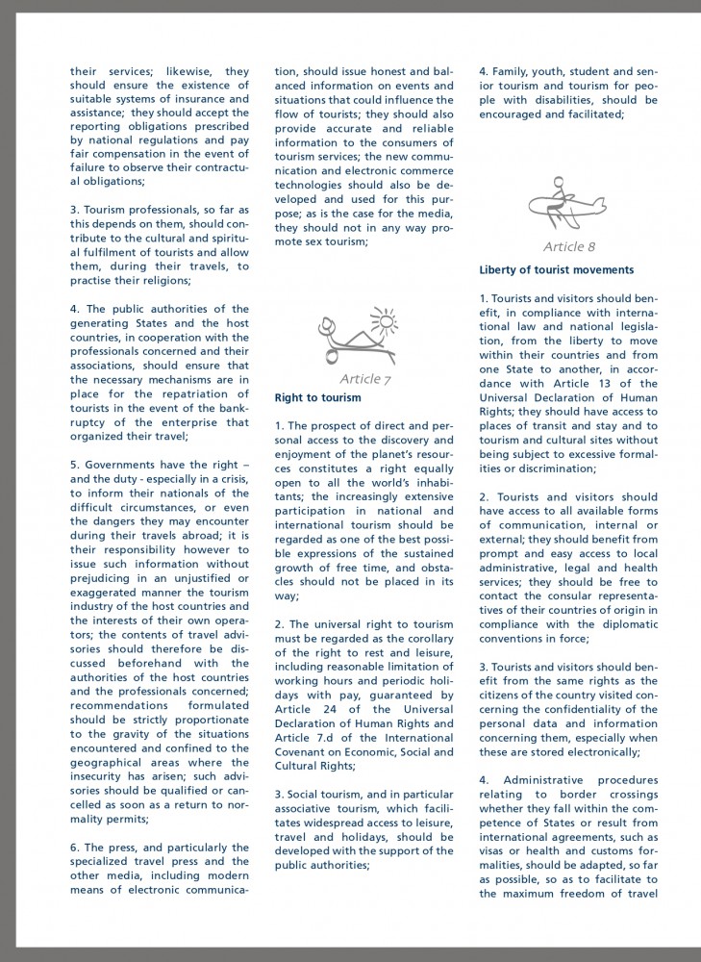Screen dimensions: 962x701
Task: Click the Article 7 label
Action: [x=365, y=378]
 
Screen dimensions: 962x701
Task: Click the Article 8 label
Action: [x=569, y=247]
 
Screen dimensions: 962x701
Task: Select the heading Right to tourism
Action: [x=318, y=397]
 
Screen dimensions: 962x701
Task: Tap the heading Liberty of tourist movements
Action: [x=556, y=270]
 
